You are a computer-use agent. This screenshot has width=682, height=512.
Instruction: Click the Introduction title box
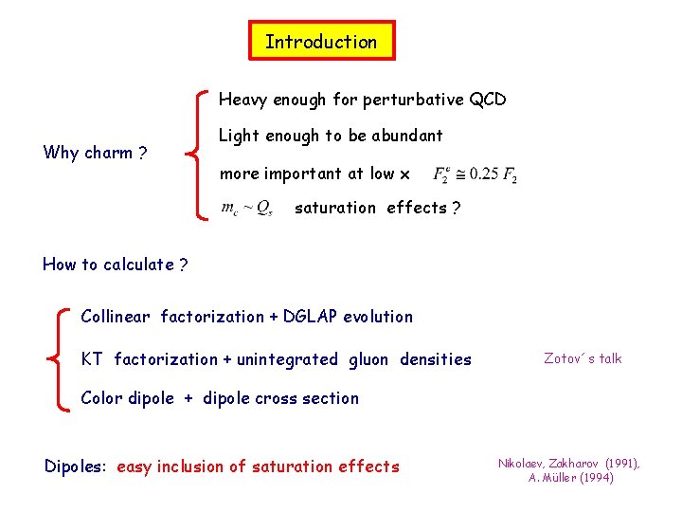pyautogui.click(x=321, y=41)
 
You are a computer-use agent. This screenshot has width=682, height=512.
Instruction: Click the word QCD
pyautogui.click(x=487, y=100)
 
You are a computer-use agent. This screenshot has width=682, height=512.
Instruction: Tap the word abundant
pyautogui.click(x=407, y=136)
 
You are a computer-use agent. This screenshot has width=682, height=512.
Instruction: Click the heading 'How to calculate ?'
pyautogui.click(x=115, y=265)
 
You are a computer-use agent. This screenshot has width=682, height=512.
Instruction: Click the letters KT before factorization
pyautogui.click(x=92, y=359)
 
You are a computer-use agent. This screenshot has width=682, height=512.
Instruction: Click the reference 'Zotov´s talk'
pyautogui.click(x=583, y=358)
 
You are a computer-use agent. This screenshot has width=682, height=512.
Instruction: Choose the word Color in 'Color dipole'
pyautogui.click(x=100, y=398)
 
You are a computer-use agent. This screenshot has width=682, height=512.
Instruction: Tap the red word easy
pyautogui.click(x=134, y=467)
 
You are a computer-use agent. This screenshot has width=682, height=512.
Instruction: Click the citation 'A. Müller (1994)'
pyautogui.click(x=571, y=478)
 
